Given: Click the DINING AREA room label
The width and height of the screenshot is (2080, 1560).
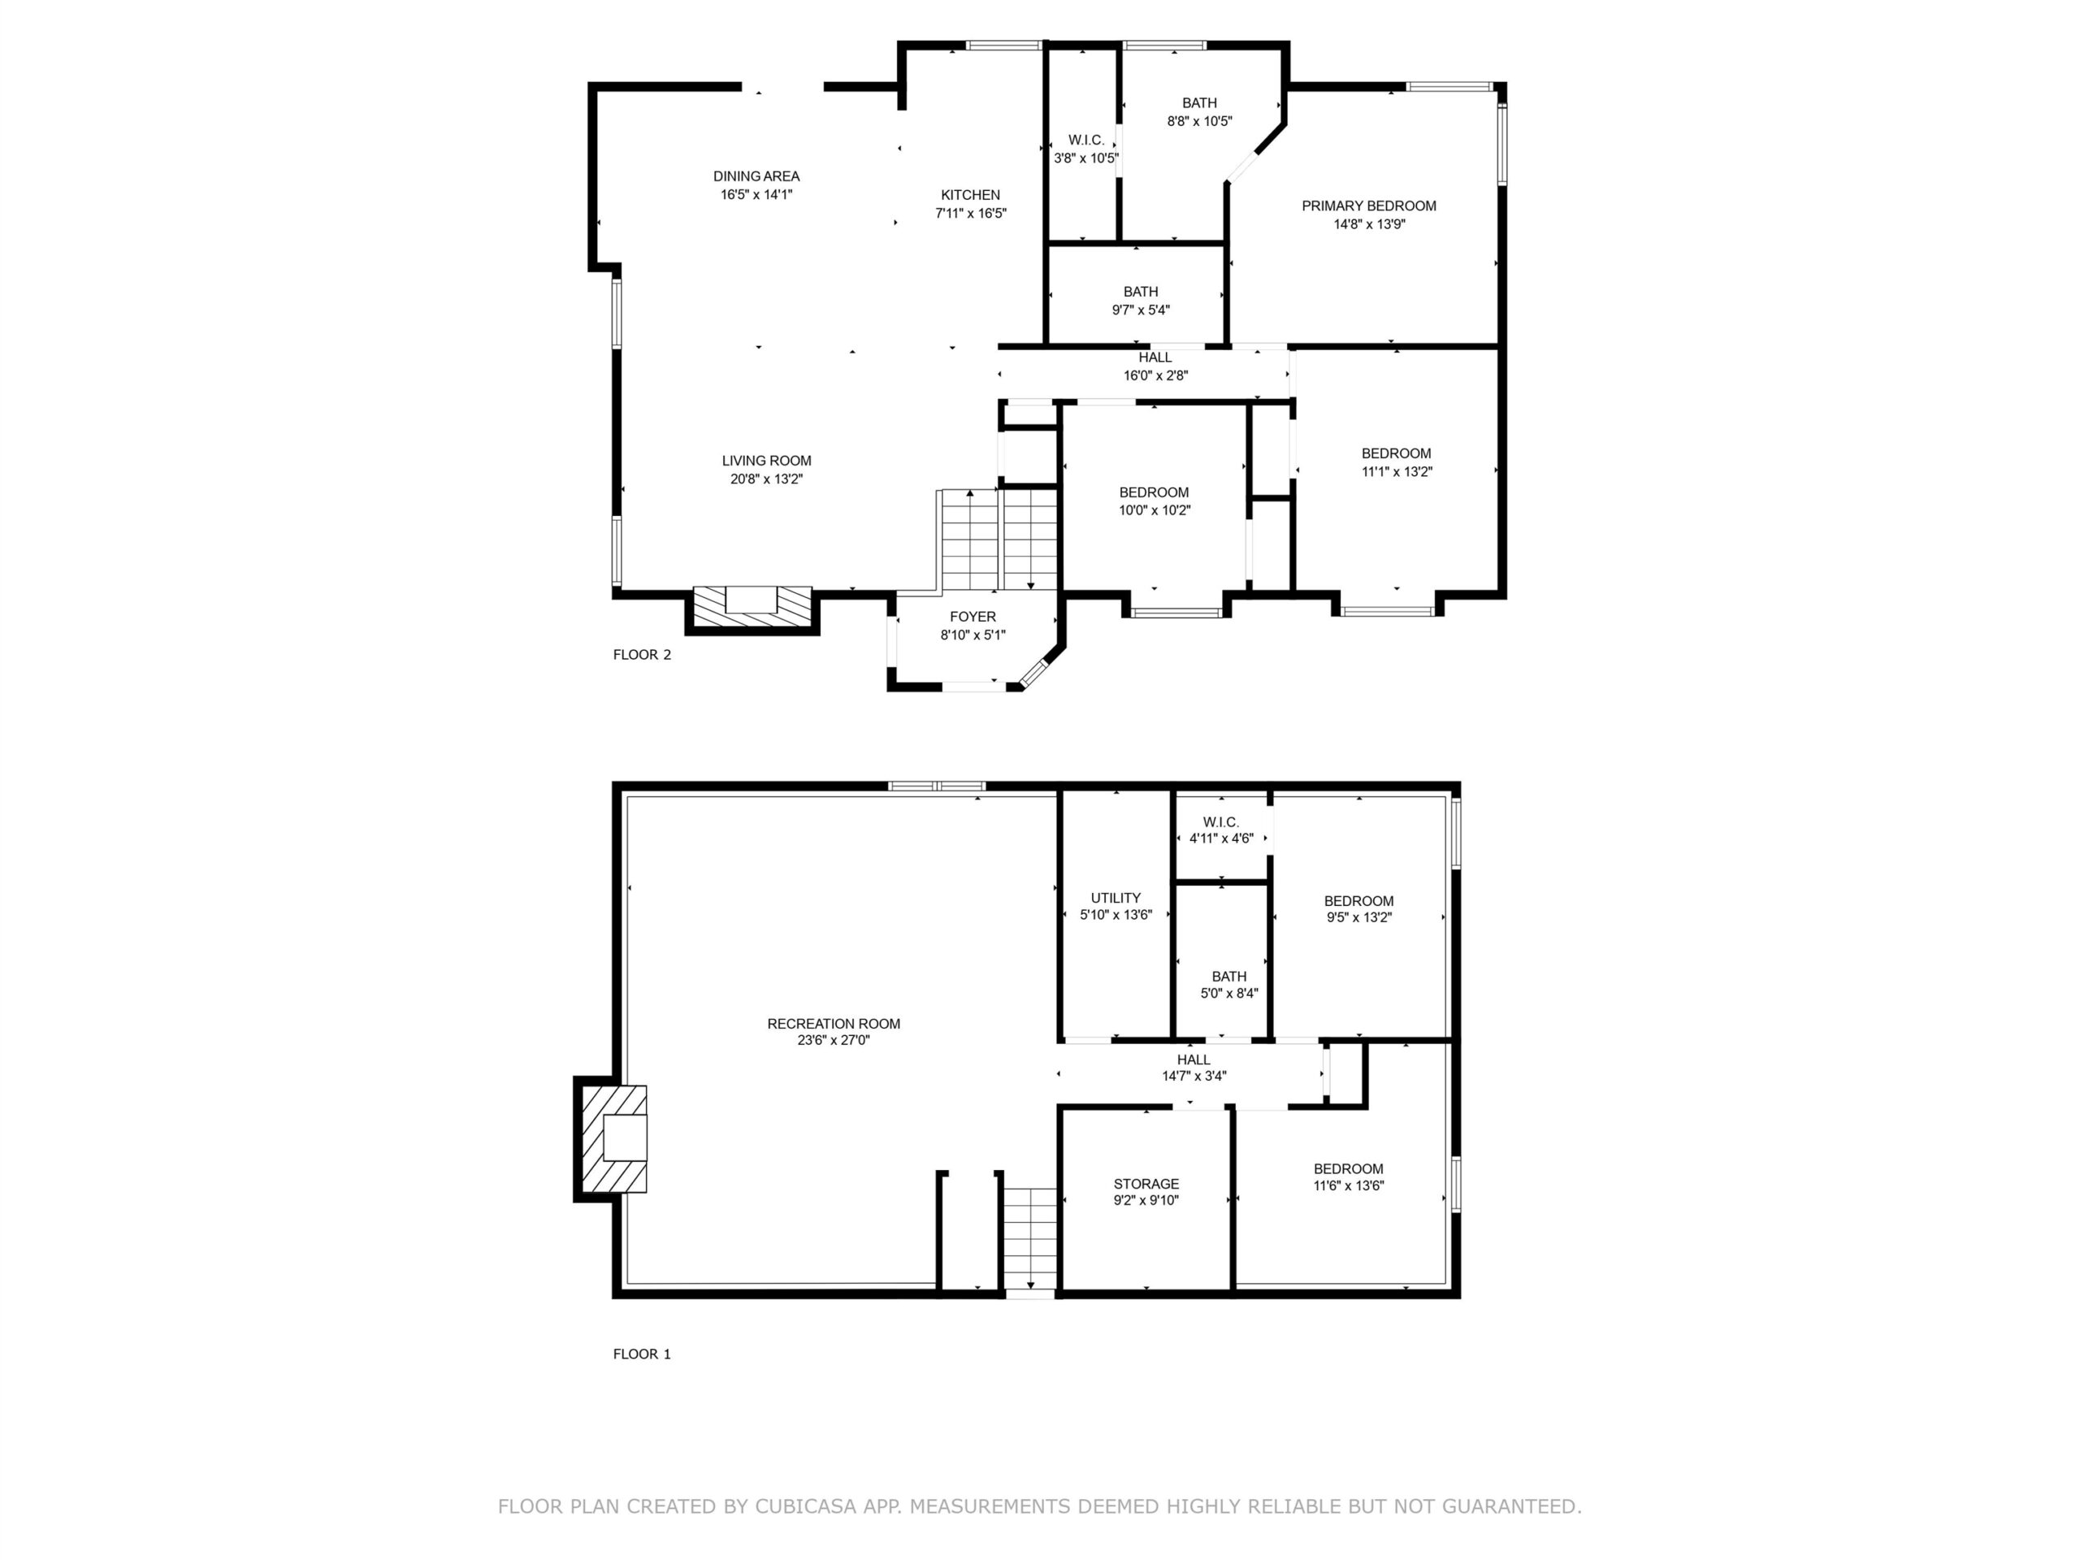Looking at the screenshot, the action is click(756, 175).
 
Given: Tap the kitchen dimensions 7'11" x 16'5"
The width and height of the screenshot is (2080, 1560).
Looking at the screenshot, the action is click(970, 214).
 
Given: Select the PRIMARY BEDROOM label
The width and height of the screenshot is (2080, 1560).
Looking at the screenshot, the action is click(1368, 206).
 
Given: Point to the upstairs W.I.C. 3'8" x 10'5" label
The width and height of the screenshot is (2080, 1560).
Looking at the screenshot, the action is click(1086, 149).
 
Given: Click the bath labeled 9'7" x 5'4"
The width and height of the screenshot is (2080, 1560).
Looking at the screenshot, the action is click(1141, 301).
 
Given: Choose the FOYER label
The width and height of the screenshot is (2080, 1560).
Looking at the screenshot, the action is click(973, 617).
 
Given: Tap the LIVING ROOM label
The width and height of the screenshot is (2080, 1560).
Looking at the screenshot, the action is click(766, 461).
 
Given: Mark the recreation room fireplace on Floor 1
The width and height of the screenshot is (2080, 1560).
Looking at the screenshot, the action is click(611, 1139).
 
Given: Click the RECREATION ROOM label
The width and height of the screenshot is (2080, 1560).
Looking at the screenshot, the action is click(833, 1024).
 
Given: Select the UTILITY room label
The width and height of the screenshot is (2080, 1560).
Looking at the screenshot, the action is click(1116, 898).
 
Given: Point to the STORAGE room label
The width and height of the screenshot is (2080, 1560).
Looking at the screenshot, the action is click(1146, 1184).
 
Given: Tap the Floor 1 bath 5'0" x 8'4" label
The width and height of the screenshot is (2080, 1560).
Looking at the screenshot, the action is click(1229, 985).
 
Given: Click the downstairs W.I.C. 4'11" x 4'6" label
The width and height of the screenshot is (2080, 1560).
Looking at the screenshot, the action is click(1221, 830).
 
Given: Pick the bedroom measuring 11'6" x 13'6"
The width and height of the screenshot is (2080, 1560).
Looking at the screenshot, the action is click(1349, 1177).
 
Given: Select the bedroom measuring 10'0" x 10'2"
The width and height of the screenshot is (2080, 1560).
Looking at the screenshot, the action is click(1154, 501).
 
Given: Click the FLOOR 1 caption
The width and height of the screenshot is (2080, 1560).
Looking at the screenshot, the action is click(642, 1354).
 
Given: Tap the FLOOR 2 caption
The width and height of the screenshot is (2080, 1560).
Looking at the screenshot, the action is click(642, 654).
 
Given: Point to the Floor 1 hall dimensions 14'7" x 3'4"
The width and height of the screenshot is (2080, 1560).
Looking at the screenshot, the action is click(1194, 1076).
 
